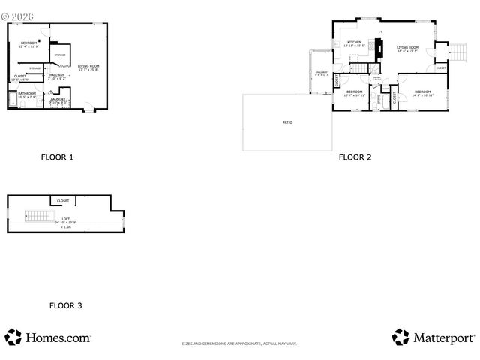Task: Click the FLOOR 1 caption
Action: pyautogui.click(x=57, y=157)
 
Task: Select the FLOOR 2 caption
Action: pyautogui.click(x=355, y=157)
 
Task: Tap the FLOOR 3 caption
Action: pyautogui.click(x=66, y=305)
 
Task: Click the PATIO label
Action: pyautogui.click(x=287, y=121)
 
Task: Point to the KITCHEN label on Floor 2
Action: pyautogui.click(x=354, y=42)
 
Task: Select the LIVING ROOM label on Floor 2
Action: pyautogui.click(x=407, y=47)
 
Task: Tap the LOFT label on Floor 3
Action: pyautogui.click(x=66, y=219)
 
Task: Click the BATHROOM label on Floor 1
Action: pyautogui.click(x=27, y=94)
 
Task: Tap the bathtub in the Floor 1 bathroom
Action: pyautogui.click(x=12, y=98)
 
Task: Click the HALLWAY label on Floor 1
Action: pyautogui.click(x=57, y=75)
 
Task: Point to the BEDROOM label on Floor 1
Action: pyautogui.click(x=29, y=43)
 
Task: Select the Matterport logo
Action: pyautogui.click(x=432, y=337)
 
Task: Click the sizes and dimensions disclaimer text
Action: pyautogui.click(x=239, y=343)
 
